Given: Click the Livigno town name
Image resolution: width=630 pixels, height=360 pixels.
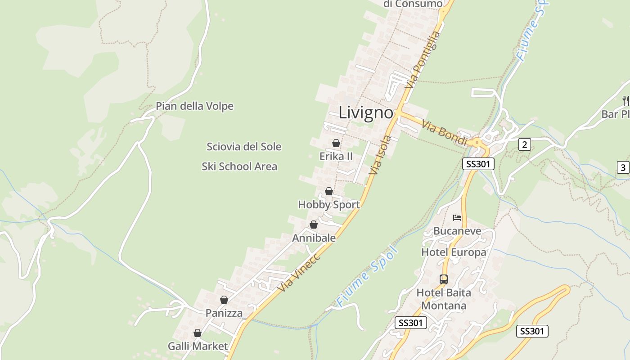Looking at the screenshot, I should [x=366, y=112].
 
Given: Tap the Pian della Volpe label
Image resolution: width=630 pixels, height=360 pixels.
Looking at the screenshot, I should [x=194, y=106].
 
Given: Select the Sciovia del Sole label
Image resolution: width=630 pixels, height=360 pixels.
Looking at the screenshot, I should [x=244, y=147].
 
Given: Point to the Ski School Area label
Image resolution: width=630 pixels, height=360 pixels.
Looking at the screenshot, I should [x=239, y=166].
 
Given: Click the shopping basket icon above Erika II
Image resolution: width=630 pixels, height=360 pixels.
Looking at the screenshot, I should [x=336, y=143].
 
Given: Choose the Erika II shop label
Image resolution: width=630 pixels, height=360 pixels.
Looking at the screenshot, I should [x=336, y=157].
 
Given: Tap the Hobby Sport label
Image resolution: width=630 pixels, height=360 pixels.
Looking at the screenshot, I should [x=329, y=205].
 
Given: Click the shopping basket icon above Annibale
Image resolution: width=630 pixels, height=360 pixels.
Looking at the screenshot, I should [x=314, y=224].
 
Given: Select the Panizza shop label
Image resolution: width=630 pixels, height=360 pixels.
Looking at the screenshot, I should [x=224, y=313].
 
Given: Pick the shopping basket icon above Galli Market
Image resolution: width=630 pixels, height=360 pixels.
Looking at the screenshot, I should [x=197, y=333].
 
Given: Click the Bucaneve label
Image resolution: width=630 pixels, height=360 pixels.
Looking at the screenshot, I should [x=457, y=231].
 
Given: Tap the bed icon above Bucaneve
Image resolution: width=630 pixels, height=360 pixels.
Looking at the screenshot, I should [x=457, y=218].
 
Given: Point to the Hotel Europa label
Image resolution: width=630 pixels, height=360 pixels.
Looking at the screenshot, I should [x=454, y=252].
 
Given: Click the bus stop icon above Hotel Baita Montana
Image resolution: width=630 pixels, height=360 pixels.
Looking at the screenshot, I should [x=444, y=279].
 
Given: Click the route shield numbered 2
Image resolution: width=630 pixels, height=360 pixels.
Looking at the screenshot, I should [x=524, y=144].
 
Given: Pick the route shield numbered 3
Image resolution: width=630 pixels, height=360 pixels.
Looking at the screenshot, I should [x=623, y=168].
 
